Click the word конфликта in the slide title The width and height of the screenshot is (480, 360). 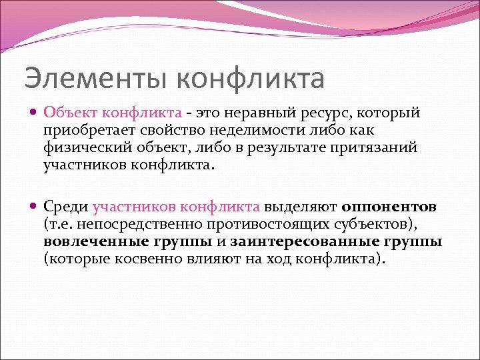[251, 78]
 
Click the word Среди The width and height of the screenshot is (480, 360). [66, 207]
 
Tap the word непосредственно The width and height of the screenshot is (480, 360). [134, 225]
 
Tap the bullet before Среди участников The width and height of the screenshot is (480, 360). [35, 207]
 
